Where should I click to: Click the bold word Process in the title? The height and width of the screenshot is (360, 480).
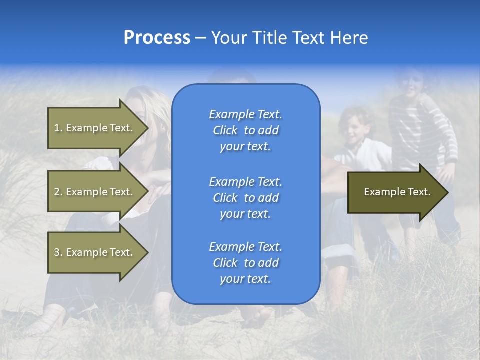point(157,38)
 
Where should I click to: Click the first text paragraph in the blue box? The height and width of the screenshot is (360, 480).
point(245,130)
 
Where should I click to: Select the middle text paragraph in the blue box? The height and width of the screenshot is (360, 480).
point(245,198)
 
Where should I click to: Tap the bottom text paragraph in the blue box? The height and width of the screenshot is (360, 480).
point(245,263)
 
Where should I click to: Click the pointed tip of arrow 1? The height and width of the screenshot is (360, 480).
point(147,128)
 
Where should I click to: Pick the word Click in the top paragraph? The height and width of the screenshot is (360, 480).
point(225,130)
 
